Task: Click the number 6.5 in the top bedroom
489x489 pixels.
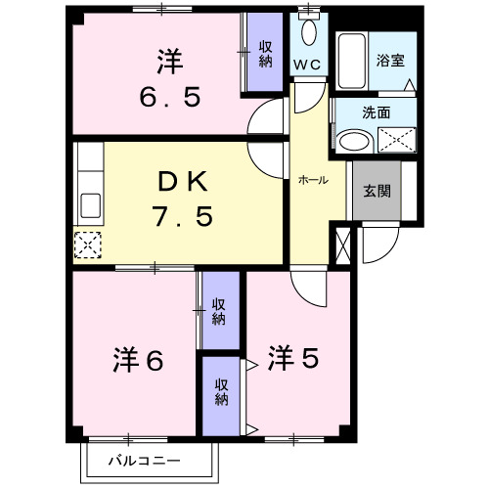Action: [x=169, y=98]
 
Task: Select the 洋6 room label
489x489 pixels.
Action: [x=141, y=359]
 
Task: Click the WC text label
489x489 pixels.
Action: [x=310, y=65]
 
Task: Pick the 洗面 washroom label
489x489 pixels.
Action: [x=376, y=112]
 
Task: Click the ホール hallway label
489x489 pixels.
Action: [x=312, y=181]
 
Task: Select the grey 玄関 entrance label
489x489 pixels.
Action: [x=377, y=190]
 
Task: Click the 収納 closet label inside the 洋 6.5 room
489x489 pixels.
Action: [x=265, y=54]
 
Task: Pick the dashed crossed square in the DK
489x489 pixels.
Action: [x=88, y=244]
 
